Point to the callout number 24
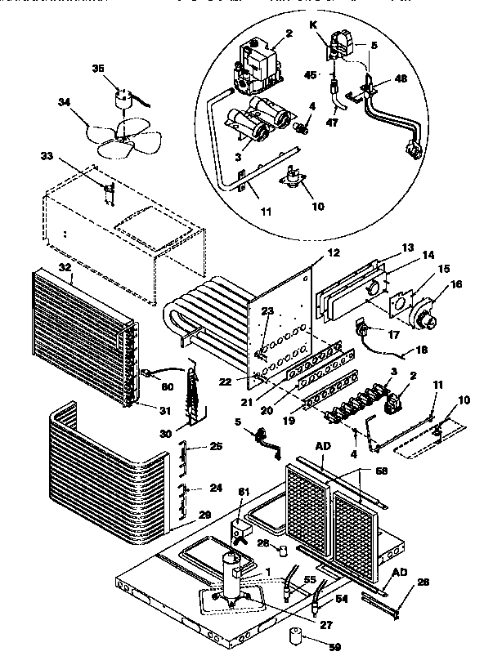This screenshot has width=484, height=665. point(216,489)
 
